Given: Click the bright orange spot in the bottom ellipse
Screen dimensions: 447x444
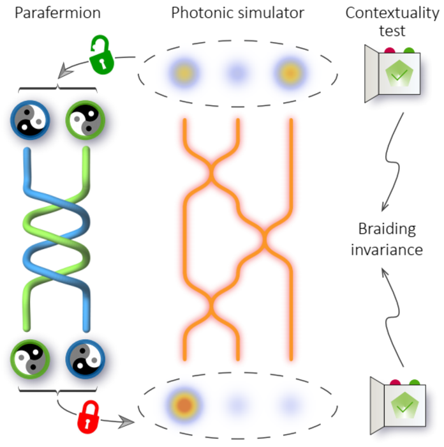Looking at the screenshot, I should [183, 405].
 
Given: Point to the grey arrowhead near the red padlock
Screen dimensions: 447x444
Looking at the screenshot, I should [129, 422].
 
